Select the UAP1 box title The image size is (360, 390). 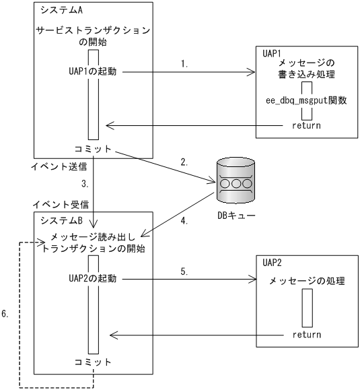pyautogui.click(x=273, y=52)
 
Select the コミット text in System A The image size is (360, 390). pyautogui.click(x=94, y=148)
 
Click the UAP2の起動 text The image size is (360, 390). pyautogui.click(x=93, y=278)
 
